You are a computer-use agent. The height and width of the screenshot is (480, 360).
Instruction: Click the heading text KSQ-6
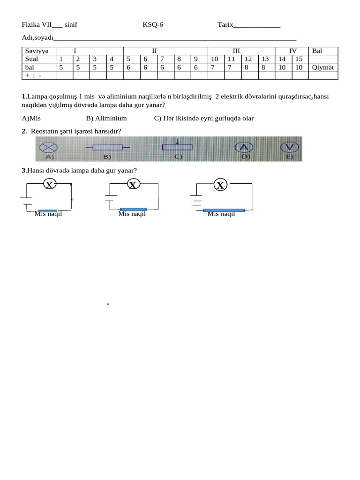153,25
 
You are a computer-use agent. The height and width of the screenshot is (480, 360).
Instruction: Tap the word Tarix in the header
225,25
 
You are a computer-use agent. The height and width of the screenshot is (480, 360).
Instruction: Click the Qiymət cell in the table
322,67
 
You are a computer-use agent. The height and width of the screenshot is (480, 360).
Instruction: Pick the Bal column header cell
317,51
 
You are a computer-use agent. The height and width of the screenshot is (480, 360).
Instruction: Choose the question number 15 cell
299,59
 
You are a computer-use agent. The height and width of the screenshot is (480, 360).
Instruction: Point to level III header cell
236,51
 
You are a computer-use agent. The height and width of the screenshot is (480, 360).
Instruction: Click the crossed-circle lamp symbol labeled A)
48,147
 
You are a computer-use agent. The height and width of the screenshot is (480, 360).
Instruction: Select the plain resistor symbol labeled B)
107,147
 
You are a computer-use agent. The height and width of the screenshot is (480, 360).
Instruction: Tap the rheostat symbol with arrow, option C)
177,146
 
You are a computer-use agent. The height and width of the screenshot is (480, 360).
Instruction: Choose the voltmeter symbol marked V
290,147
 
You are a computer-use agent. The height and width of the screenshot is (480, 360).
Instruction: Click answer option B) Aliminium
106,118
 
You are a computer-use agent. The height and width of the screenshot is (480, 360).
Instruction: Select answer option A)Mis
31,118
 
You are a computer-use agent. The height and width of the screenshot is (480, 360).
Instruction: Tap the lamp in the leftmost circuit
48,185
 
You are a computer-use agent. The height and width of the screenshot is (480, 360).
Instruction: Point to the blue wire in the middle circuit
134,209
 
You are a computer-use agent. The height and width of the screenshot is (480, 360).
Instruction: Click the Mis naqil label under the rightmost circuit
221,214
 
